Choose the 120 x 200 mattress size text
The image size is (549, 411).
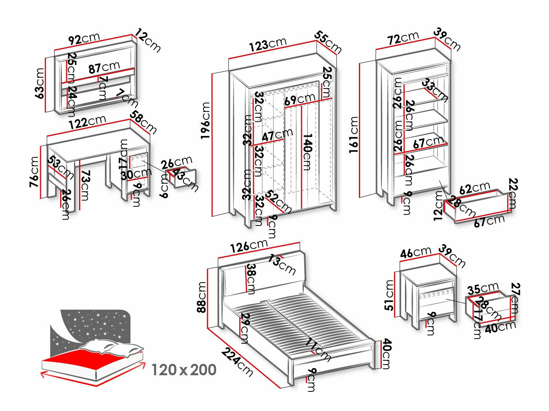click(x=184, y=370)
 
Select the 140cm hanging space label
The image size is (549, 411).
click(x=307, y=152)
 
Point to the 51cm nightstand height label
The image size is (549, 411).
click(x=390, y=295)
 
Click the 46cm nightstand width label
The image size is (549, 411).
click(x=416, y=252)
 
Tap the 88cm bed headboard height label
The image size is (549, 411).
click(x=202, y=297)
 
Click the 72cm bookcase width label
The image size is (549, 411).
click(x=403, y=38)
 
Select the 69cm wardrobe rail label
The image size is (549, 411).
click(x=300, y=99)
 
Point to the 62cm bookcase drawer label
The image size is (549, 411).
click(x=475, y=188)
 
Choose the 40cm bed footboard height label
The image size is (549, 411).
click(x=386, y=354)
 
